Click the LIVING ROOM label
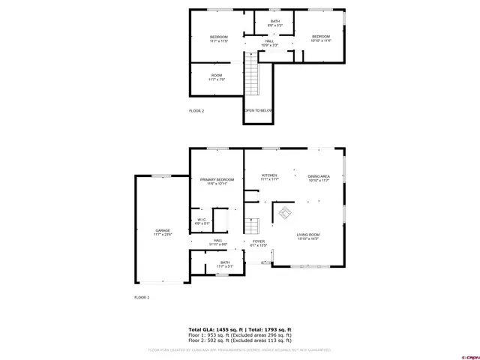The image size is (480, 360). pos(307,236)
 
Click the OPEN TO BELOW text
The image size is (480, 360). pos(258,110)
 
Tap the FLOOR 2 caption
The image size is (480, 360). pos(196,111)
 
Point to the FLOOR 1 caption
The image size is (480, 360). pos(142,298)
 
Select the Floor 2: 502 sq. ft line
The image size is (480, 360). pos(240,340)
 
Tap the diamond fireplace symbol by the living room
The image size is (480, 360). pos(284,212)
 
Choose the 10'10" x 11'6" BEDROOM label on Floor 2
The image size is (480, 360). pos(321,38)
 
